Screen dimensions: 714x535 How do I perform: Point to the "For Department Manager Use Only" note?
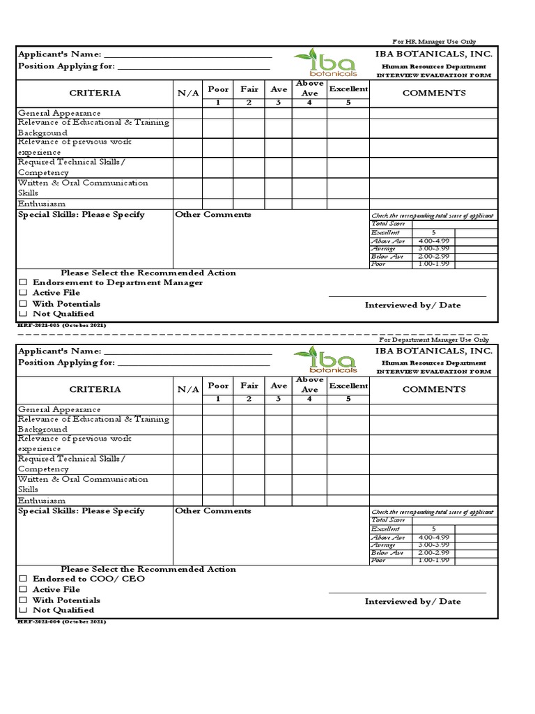[433, 340]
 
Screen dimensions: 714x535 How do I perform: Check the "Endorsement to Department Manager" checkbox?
[23, 283]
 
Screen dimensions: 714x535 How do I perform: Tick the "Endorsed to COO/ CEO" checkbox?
[23, 579]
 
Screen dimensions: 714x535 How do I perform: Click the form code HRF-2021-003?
[61, 326]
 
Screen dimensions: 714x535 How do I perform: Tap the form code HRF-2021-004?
[61, 621]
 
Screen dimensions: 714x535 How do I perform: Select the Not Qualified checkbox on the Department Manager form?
[23, 610]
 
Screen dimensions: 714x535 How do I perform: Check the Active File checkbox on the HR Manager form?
[23, 294]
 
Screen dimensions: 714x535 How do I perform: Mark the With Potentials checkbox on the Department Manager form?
[23, 600]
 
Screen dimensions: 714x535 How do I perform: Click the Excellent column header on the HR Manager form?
[348, 89]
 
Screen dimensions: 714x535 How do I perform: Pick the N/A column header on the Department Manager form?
[188, 390]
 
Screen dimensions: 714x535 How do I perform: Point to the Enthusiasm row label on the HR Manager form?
[42, 204]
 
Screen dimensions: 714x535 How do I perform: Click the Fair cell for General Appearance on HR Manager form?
[249, 113]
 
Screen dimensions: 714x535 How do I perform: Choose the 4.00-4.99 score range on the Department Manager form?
[434, 538]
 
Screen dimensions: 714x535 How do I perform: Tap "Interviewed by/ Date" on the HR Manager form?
[412, 305]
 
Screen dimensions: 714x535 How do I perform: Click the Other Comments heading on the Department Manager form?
[212, 511]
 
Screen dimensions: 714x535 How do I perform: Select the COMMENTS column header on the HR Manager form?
[433, 93]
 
